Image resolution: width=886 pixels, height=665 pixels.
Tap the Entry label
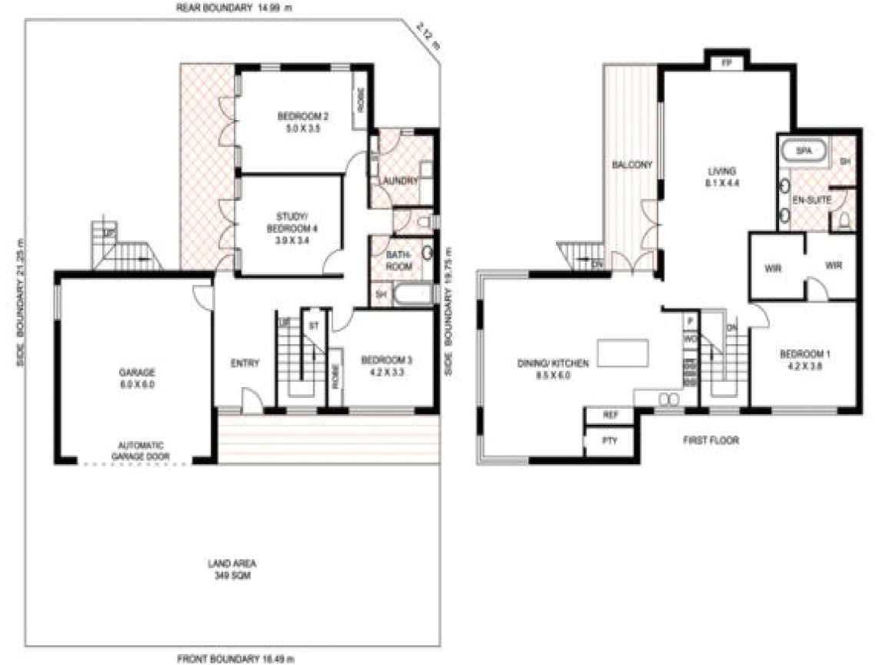point(245,363)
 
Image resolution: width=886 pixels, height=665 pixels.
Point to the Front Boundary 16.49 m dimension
point(236,658)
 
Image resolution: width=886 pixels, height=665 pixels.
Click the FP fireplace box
point(725,63)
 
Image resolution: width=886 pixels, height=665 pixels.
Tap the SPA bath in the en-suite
point(804,150)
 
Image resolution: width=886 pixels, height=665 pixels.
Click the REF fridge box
point(611,415)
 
